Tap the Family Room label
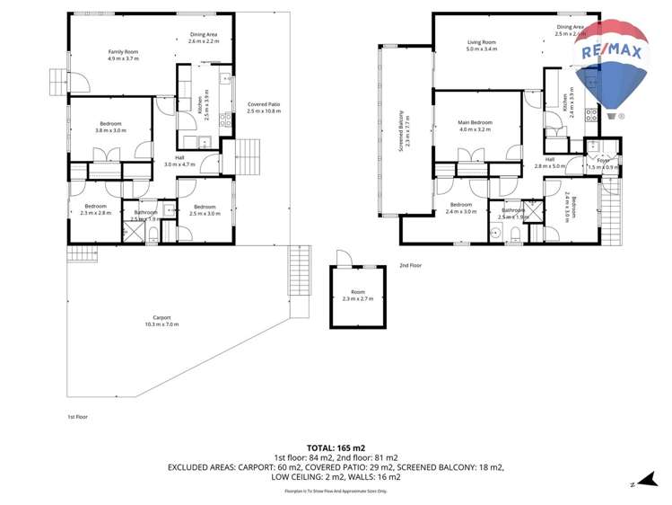124,55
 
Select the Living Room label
481,45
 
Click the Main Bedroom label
475,126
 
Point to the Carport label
161,321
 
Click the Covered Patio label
264,108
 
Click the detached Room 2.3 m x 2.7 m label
358,296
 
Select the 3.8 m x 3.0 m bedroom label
110,127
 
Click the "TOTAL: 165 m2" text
336,447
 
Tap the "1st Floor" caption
77,417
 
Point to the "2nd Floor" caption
410,266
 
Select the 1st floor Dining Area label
204,38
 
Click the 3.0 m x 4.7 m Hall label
179,162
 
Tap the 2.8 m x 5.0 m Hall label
550,164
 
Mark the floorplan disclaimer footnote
336,492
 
